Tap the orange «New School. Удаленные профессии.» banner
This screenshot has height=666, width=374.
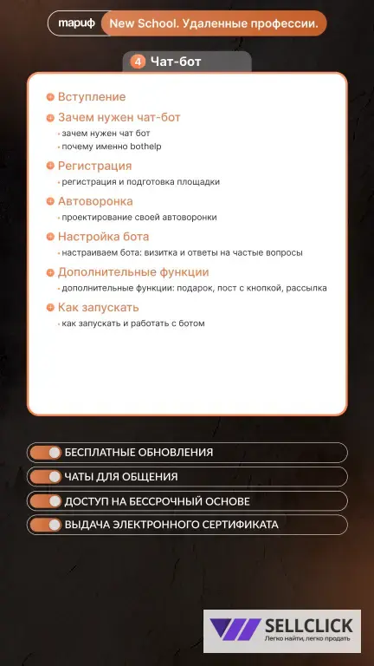click(x=213, y=24)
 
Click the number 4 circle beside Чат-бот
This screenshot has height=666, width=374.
click(x=138, y=62)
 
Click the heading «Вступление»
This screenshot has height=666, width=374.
click(x=91, y=97)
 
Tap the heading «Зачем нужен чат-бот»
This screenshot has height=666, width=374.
click(x=119, y=117)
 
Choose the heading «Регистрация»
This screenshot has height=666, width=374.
click(x=94, y=166)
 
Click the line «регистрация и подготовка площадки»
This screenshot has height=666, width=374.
click(x=140, y=182)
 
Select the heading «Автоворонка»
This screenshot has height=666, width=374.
click(x=95, y=201)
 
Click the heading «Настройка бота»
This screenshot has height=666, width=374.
click(x=103, y=237)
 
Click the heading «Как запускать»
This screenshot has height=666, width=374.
click(x=98, y=308)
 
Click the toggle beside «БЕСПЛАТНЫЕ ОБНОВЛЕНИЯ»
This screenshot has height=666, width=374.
click(x=45, y=453)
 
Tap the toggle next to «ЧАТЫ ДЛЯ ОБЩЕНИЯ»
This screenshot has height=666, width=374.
click(x=45, y=477)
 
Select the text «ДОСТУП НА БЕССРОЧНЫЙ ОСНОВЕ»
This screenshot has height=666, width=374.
click(x=157, y=501)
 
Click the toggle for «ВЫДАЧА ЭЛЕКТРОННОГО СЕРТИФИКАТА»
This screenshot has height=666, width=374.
click(x=45, y=525)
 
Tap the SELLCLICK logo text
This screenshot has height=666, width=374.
click(x=308, y=625)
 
